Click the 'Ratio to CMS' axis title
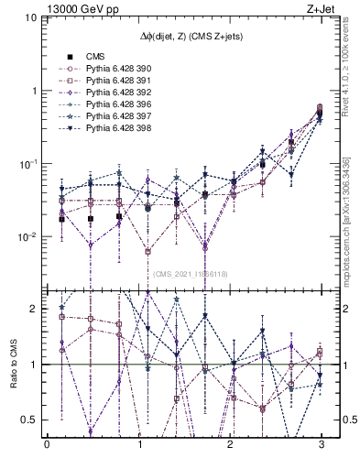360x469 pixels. pyautogui.click(x=14, y=364)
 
